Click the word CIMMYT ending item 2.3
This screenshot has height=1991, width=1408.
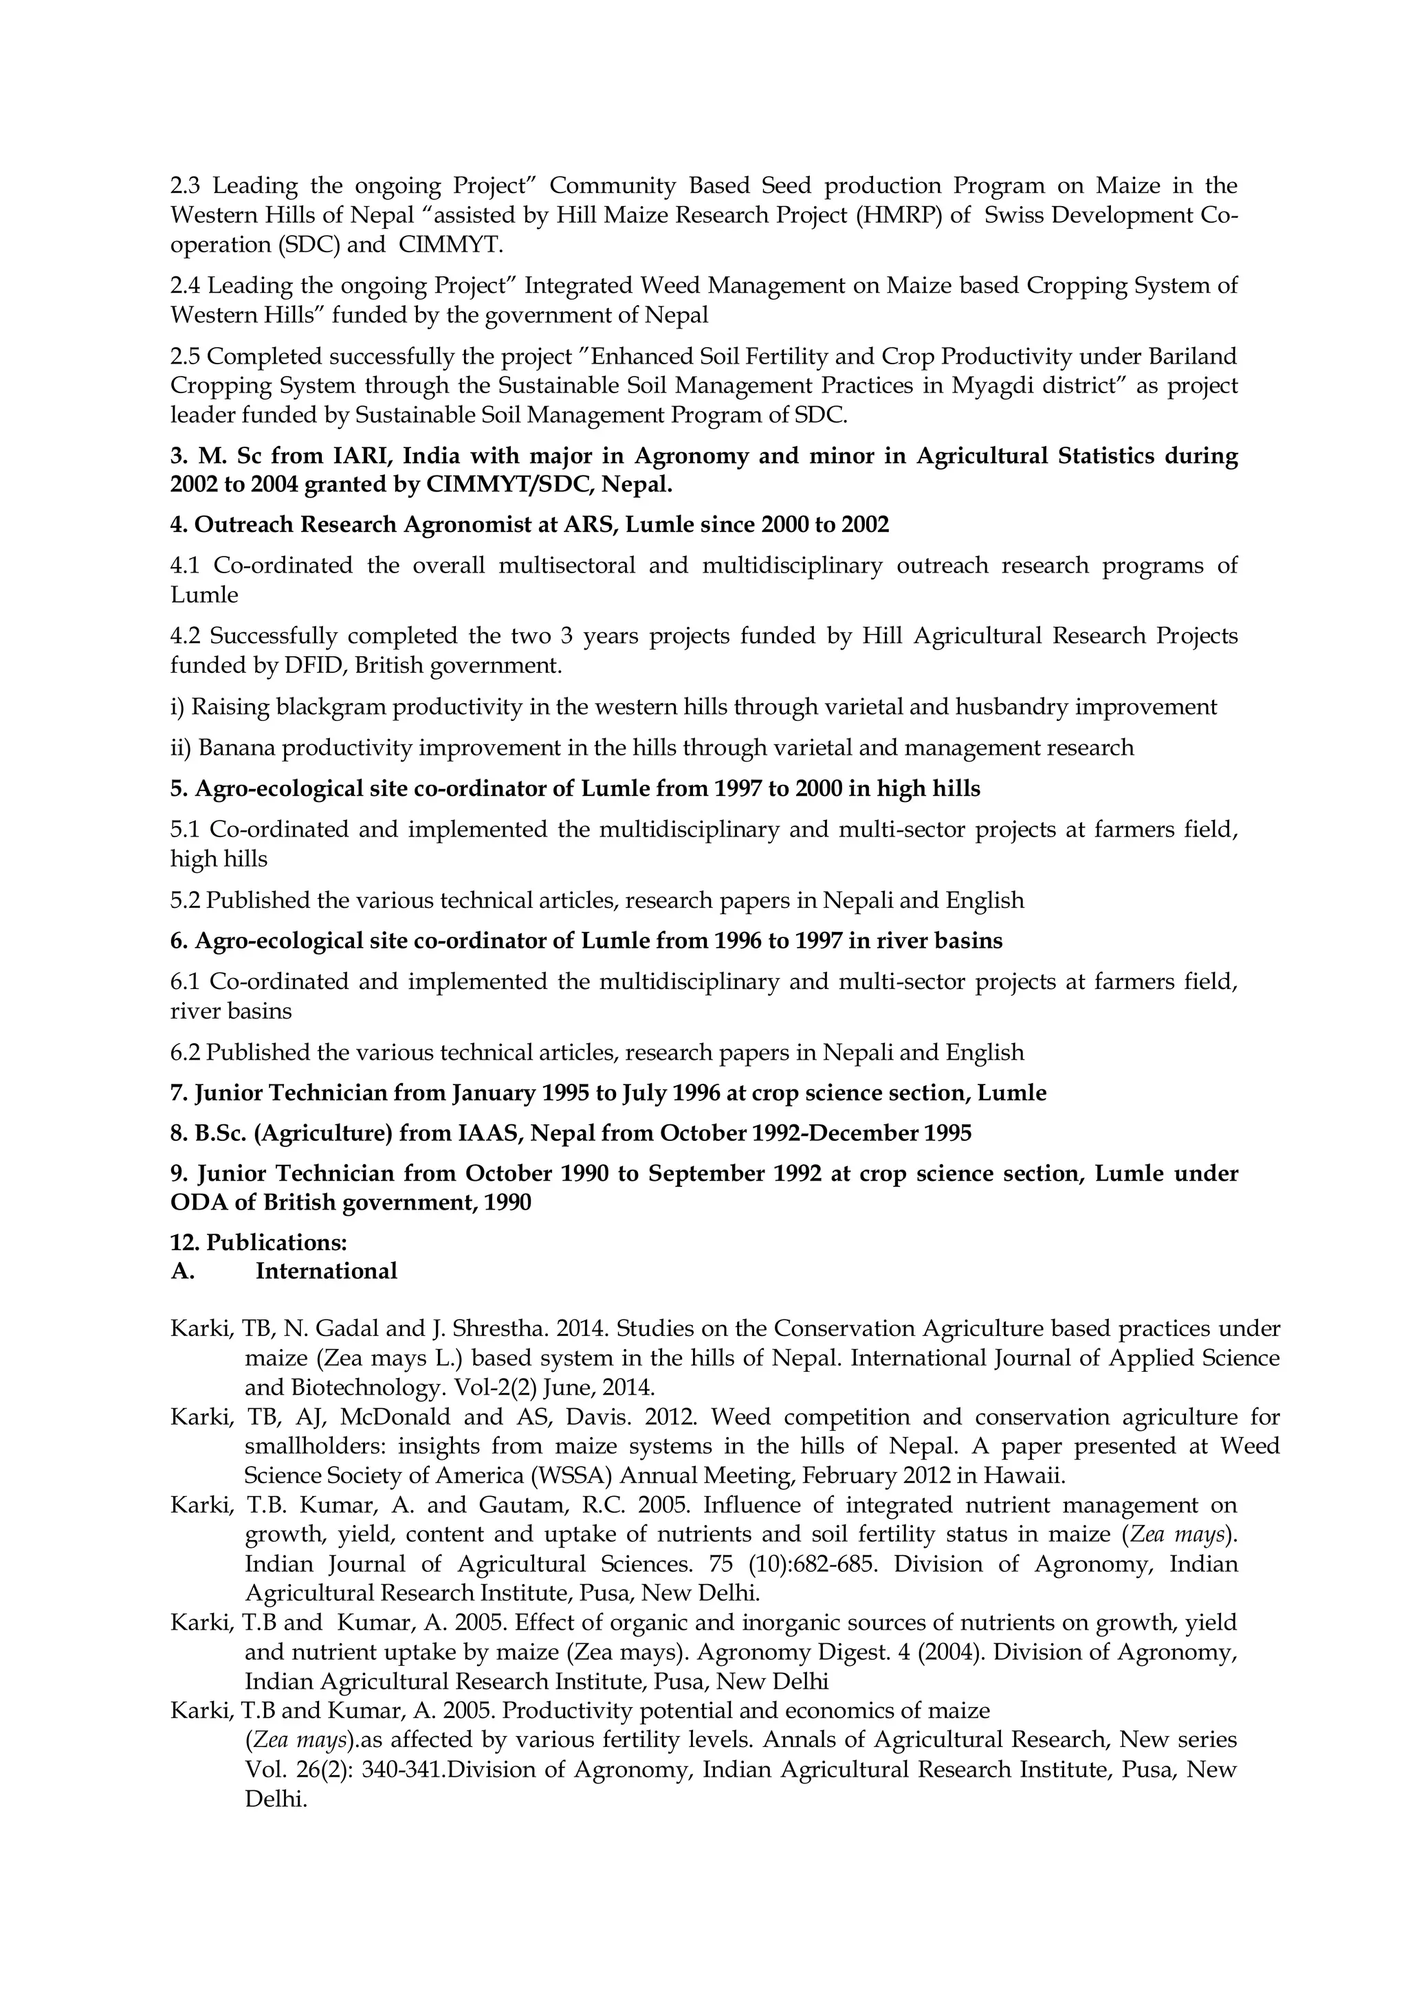(450, 245)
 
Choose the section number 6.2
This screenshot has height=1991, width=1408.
(185, 1053)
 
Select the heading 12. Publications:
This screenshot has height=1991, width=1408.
(258, 1243)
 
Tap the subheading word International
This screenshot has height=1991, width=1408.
(326, 1271)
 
